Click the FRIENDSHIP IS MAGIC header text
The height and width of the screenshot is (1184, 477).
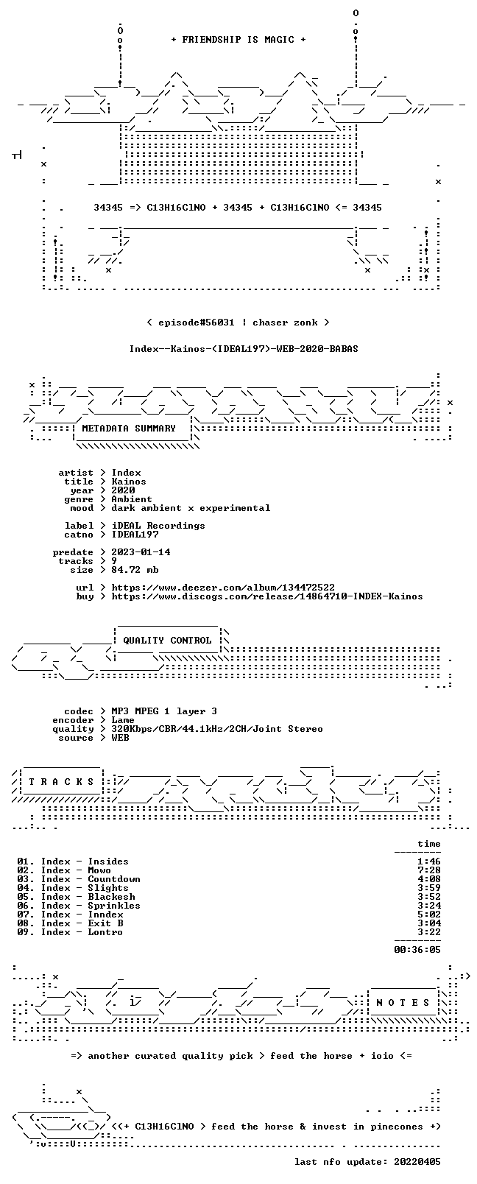point(239,40)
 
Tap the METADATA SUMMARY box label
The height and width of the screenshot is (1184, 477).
point(129,428)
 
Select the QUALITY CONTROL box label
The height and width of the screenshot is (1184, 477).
point(167,640)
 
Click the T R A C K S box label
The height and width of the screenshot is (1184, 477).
point(61,782)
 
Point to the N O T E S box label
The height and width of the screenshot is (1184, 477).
point(403,1003)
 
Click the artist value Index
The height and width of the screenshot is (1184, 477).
point(127,473)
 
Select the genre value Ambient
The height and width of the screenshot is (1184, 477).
point(132,499)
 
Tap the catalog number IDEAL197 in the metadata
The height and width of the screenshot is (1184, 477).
point(135,535)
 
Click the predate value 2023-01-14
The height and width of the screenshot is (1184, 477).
point(141,552)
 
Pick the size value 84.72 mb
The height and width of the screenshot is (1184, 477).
point(135,570)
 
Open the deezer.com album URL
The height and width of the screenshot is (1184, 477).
point(223,588)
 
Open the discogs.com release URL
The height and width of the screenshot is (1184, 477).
point(266,596)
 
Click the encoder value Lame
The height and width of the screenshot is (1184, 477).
point(123,720)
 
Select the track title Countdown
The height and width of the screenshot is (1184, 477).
point(114,879)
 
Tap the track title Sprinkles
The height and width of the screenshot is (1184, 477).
point(114,906)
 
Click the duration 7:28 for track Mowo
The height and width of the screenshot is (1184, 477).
point(429,870)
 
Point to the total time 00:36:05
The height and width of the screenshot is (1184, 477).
point(417,950)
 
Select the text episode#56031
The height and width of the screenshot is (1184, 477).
point(196,323)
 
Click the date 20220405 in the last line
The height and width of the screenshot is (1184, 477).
point(417,1161)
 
